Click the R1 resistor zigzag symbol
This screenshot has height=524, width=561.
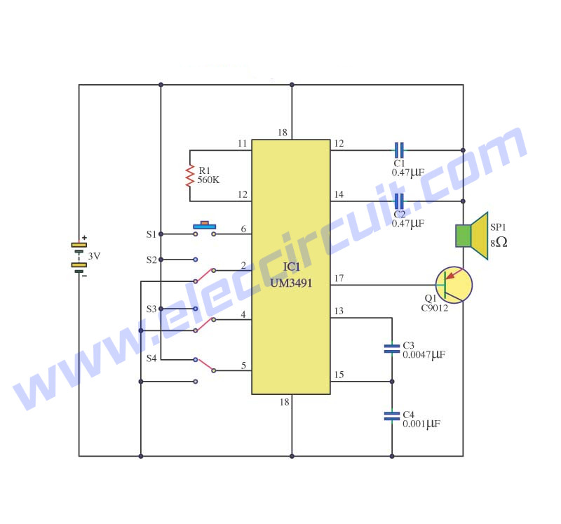click(x=189, y=175)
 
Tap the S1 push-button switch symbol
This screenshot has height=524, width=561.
click(x=205, y=229)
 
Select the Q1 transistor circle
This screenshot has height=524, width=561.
click(x=454, y=285)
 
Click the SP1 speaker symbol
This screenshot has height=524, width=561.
click(x=471, y=236)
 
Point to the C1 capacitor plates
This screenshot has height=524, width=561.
click(x=399, y=150)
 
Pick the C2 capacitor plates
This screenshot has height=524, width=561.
click(x=399, y=201)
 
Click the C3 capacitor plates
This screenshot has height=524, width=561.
click(x=392, y=349)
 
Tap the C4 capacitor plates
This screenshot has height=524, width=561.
click(x=392, y=416)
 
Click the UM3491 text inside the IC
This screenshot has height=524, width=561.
click(x=291, y=283)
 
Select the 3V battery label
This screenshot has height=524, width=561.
click(x=94, y=256)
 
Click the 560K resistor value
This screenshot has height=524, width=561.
click(x=208, y=180)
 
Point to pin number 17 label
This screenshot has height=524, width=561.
click(x=339, y=278)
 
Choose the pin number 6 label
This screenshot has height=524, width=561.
click(x=243, y=229)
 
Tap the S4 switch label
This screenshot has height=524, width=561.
click(x=151, y=358)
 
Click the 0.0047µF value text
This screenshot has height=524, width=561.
click(x=424, y=355)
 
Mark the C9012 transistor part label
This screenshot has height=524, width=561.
click(x=434, y=308)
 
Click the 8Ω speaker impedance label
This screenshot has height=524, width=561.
click(x=499, y=243)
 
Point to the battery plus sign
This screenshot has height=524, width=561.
click(x=84, y=237)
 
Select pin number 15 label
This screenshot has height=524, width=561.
click(x=339, y=375)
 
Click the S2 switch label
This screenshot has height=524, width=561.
click(x=151, y=260)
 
